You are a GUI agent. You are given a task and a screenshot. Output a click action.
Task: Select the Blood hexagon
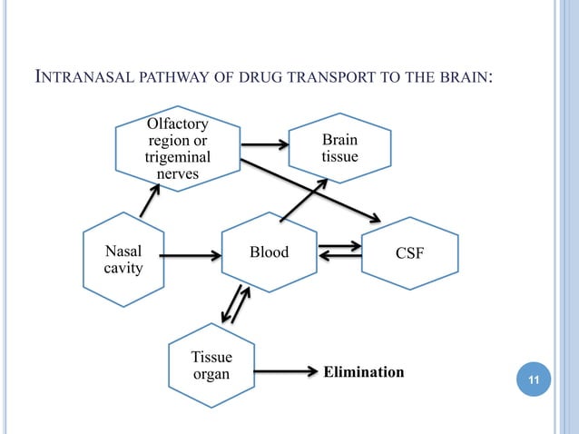(x=269, y=252)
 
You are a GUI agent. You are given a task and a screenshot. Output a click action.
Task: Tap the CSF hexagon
(x=410, y=253)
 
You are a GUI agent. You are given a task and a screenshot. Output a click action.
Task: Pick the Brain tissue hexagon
(x=339, y=149)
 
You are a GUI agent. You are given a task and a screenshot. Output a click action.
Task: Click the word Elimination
(x=363, y=372)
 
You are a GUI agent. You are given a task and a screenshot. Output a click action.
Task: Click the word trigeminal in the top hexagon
(x=178, y=157)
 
